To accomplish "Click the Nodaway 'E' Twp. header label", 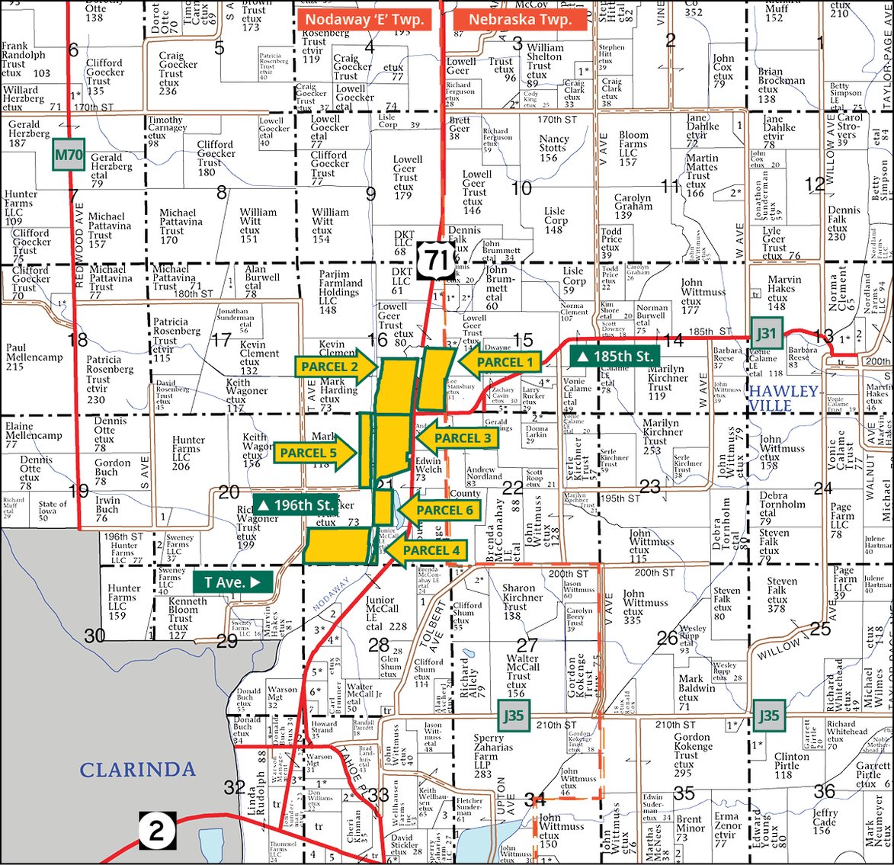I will [x=364, y=19].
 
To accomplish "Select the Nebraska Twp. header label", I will [x=520, y=19].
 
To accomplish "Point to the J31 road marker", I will [x=766, y=332].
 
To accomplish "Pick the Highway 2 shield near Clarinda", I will [x=157, y=831].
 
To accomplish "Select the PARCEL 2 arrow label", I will [x=335, y=367].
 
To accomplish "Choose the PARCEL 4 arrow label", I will [x=427, y=549].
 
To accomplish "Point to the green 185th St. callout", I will [x=616, y=356].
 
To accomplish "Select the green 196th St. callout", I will [x=296, y=505].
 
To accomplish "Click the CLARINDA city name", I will [x=137, y=769].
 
